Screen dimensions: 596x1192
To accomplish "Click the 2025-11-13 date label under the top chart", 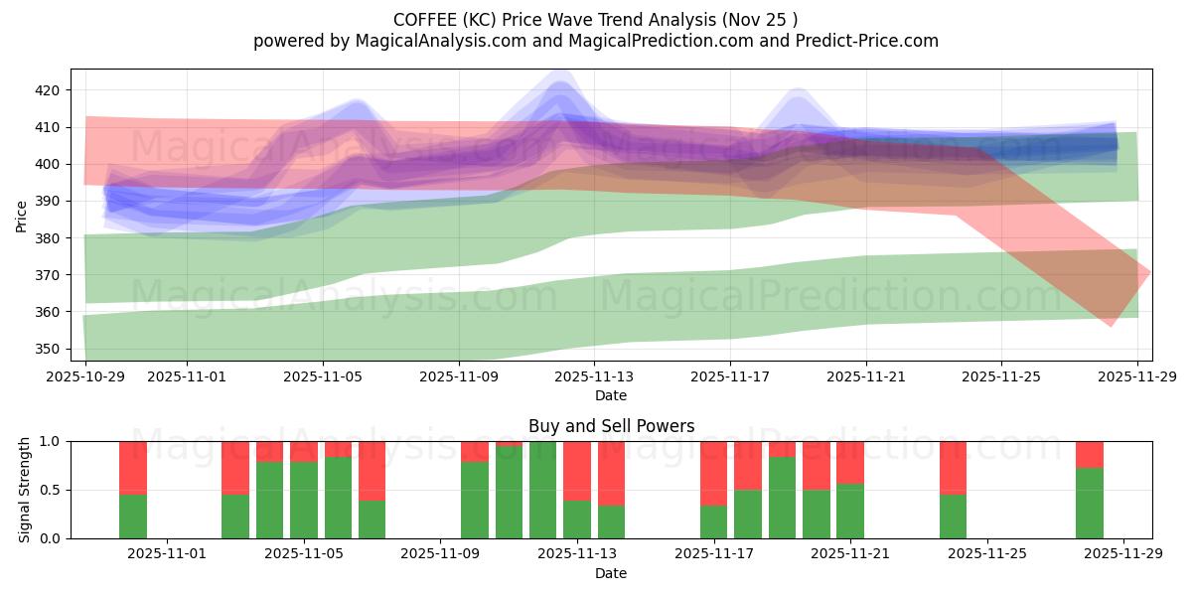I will click(594, 376).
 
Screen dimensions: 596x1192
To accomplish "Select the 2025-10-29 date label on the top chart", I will click(86, 376).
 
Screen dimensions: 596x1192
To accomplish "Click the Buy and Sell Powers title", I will click(611, 426).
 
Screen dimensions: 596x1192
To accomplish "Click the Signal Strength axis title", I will click(25, 490).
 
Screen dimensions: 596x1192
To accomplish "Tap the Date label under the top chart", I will click(611, 395).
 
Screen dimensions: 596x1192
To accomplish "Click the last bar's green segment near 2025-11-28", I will click(1090, 503).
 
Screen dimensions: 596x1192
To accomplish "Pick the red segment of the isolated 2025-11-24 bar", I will click(953, 467).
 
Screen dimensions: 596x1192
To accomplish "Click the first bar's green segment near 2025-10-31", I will click(133, 516).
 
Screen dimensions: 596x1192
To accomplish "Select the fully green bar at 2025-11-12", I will click(542, 490).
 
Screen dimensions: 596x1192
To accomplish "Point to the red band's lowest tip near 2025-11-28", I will click(1112, 325).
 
